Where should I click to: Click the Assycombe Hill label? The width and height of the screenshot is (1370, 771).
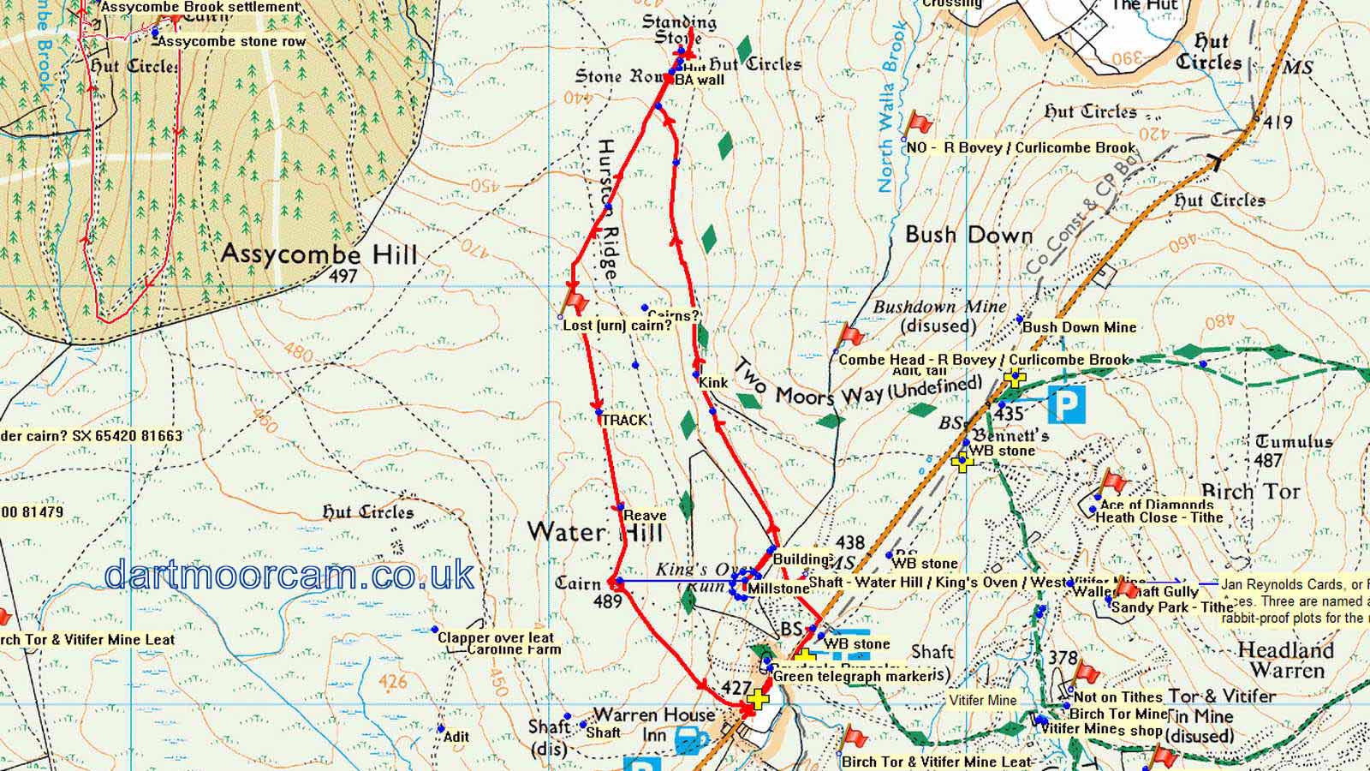pyautogui.click(x=319, y=254)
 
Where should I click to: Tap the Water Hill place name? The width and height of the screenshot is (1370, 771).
pyautogui.click(x=595, y=532)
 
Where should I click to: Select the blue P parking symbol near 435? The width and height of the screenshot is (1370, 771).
pyautogui.click(x=1066, y=405)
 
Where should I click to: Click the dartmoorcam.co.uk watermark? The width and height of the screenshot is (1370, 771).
pyautogui.click(x=289, y=574)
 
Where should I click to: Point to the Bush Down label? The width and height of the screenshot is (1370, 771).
pyautogui.click(x=968, y=235)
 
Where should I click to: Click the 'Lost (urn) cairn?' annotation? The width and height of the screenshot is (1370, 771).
pyautogui.click(x=617, y=326)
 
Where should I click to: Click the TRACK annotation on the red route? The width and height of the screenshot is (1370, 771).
pyautogui.click(x=624, y=420)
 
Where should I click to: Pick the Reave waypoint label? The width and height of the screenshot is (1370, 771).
pyautogui.click(x=645, y=515)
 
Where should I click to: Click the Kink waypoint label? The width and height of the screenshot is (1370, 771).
pyautogui.click(x=713, y=382)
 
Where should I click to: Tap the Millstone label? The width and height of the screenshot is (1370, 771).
pyautogui.click(x=777, y=589)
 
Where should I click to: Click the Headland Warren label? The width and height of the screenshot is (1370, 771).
pyautogui.click(x=1286, y=660)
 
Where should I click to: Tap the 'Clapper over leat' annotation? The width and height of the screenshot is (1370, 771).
pyautogui.click(x=496, y=637)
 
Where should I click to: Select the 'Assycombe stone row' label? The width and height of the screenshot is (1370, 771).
pyautogui.click(x=232, y=41)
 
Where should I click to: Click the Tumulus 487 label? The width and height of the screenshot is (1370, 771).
pyautogui.click(x=1293, y=450)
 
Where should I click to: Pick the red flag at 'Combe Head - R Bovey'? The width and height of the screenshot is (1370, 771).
pyautogui.click(x=852, y=335)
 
